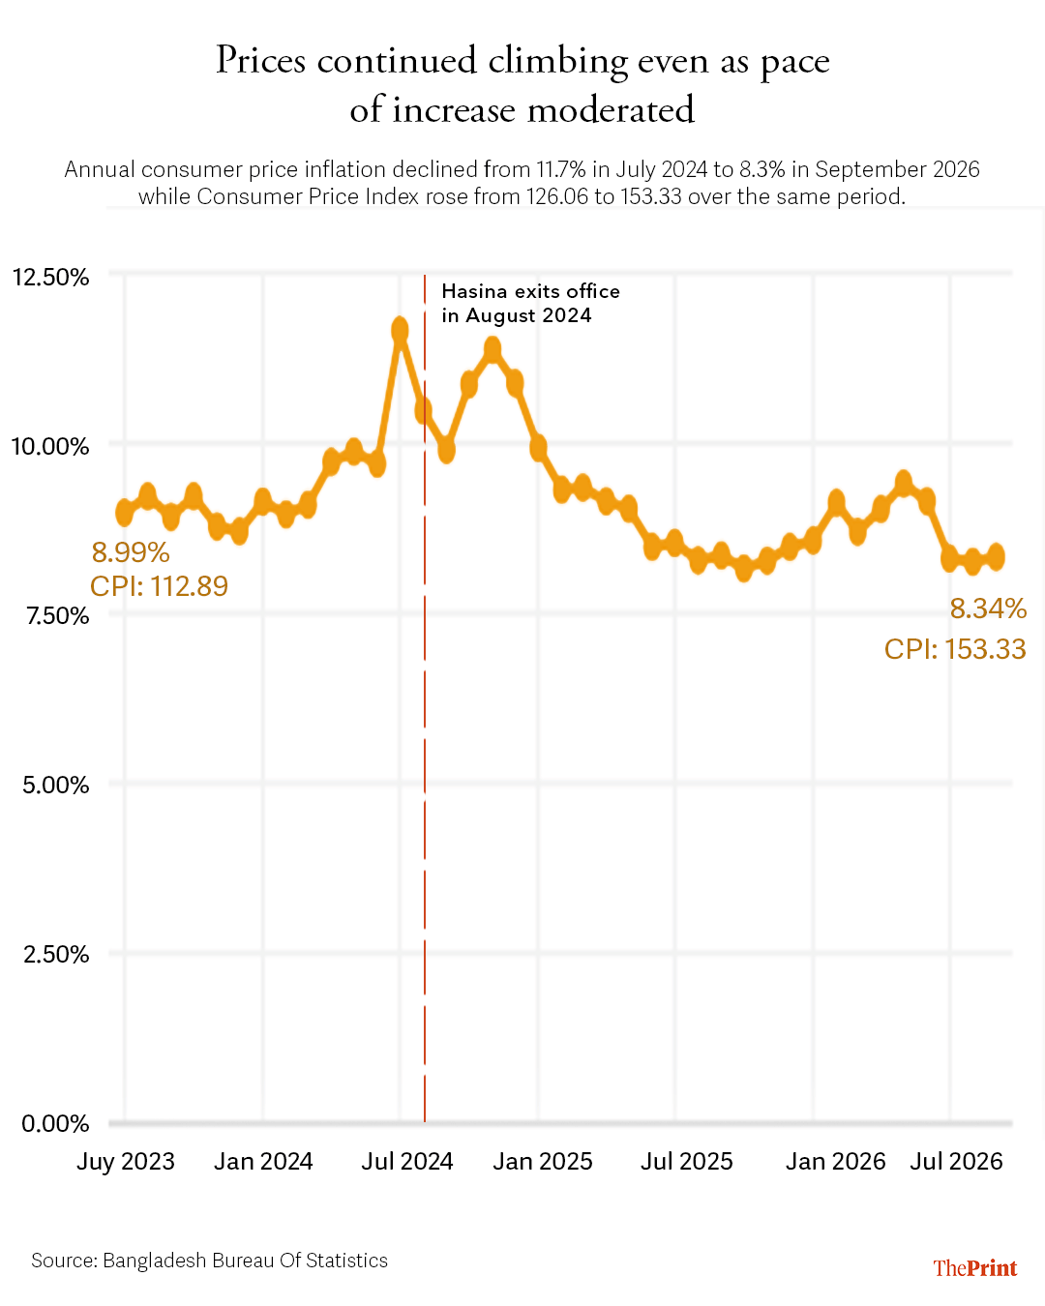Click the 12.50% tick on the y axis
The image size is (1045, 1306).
click(x=51, y=278)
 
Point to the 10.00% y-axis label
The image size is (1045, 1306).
click(x=50, y=447)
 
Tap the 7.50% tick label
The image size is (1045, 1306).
click(x=58, y=616)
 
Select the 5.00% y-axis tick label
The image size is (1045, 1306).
click(x=56, y=786)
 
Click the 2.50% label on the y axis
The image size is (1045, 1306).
click(x=56, y=955)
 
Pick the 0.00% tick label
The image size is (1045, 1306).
click(x=55, y=1124)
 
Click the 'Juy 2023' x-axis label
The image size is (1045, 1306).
click(x=126, y=1162)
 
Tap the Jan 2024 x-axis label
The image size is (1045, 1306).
click(x=263, y=1162)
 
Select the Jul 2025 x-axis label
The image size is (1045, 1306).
click(x=687, y=1162)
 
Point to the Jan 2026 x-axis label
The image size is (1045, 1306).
click(x=835, y=1162)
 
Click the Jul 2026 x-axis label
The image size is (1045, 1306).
click(x=956, y=1162)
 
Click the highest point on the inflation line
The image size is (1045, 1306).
click(x=400, y=330)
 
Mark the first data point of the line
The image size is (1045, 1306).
click(x=125, y=513)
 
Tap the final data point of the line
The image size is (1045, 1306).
click(x=997, y=556)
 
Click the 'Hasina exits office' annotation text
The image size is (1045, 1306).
click(x=530, y=291)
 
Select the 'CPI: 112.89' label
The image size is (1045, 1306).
click(x=159, y=586)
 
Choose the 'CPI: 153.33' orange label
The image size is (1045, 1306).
click(x=955, y=649)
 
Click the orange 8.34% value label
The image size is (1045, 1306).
click(x=988, y=608)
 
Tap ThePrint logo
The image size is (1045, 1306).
click(x=975, y=1268)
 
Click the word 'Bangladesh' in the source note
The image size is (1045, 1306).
click(x=155, y=1261)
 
